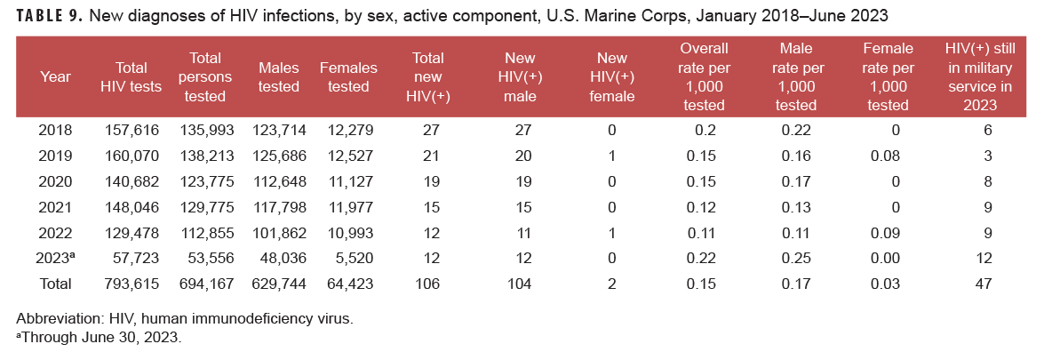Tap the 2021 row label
pos(55,207)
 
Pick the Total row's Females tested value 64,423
pos(347,284)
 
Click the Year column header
pos(55,76)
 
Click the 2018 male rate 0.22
pos(794,130)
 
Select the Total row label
pos(55,284)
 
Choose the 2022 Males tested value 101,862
pos(279,233)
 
